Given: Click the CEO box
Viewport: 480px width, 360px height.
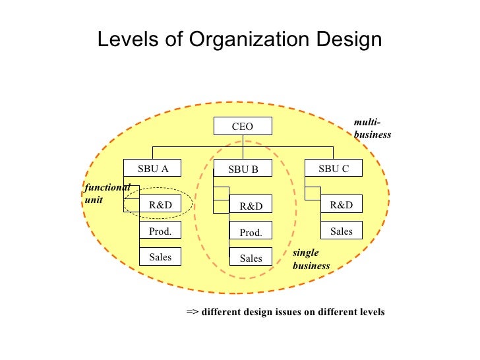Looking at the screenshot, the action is tap(242, 127).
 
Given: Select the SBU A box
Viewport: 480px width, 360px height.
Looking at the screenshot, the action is tap(153, 169).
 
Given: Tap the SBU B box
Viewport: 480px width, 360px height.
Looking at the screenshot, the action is tap(243, 169).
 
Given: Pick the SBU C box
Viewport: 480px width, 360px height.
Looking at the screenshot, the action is tap(333, 169).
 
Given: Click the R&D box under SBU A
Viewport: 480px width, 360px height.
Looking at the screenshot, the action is tap(160, 205).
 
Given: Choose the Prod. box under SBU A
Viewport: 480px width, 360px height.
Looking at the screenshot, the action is tap(160, 231).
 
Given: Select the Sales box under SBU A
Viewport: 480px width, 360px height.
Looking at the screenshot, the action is tap(160, 257).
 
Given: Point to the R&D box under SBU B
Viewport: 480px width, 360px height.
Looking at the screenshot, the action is tap(251, 206).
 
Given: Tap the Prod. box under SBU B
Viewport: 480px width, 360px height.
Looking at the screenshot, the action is tap(251, 233).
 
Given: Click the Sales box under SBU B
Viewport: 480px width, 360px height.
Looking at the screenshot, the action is tap(251, 258).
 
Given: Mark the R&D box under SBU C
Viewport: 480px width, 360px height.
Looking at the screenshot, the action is tap(341, 205).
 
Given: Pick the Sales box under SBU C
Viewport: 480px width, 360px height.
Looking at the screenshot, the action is tap(341, 231).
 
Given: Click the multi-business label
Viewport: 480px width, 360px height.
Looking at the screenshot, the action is tap(372, 129).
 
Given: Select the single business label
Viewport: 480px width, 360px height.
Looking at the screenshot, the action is tap(311, 259).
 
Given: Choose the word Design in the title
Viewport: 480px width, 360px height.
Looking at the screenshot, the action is tap(349, 40).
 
